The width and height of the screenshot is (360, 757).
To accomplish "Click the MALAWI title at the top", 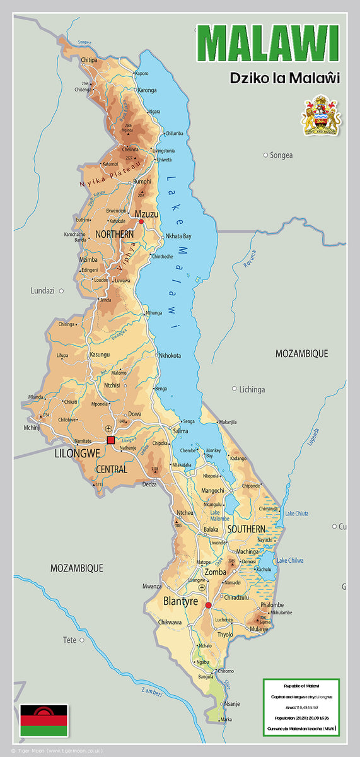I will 267,44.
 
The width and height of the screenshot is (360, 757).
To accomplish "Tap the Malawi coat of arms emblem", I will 322,115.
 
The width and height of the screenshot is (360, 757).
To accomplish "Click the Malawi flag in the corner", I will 44,721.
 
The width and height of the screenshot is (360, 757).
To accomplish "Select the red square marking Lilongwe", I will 111,440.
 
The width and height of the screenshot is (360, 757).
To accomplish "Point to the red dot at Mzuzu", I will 141,221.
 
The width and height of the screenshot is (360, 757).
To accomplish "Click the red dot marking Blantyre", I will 208,605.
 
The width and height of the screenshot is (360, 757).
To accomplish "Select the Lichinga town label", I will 252,390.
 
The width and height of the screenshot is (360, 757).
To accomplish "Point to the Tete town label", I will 69,640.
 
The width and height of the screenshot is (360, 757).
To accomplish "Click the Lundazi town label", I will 43,291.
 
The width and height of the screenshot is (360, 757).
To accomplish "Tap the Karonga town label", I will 147,90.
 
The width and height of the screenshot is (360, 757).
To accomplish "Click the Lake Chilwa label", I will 291,560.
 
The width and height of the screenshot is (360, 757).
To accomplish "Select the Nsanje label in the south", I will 232,703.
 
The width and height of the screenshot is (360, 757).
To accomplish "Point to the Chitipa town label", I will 90,61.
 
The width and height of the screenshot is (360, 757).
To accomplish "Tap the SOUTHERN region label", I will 247,529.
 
